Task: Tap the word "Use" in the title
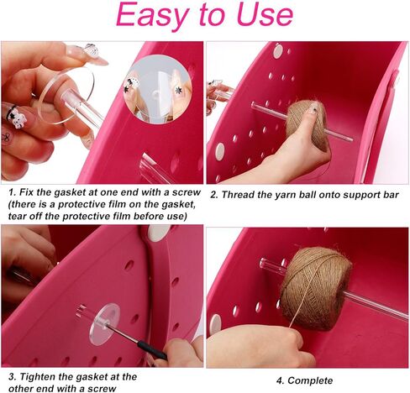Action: click(265, 14)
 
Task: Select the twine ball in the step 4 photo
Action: click(316, 288)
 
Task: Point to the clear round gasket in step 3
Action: click(104, 324)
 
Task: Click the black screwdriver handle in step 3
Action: click(153, 350)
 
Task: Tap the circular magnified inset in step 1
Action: click(158, 90)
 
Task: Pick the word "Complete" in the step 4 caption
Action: click(310, 380)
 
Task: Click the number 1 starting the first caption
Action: click(12, 192)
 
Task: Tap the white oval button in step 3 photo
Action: click(159, 233)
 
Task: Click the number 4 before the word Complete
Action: click(280, 380)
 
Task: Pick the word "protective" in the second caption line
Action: click(78, 204)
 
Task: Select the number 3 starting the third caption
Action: click(12, 377)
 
